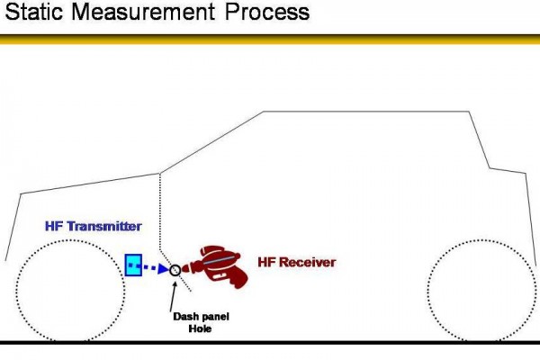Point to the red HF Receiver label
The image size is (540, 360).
coord(296,263)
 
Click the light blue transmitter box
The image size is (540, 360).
coord(133,265)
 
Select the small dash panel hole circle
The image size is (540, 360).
coord(175,268)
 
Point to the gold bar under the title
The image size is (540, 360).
coord(270,39)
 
